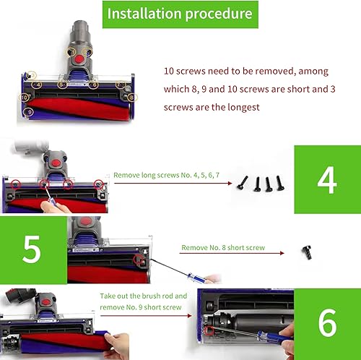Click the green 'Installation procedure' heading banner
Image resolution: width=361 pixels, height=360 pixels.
tap(180, 14)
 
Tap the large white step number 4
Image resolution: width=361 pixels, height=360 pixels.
tap(327, 180)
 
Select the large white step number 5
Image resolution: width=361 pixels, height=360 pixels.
tap(31, 249)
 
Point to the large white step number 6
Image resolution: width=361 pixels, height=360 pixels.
tap(327, 323)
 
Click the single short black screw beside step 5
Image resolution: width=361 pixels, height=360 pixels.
tap(307, 252)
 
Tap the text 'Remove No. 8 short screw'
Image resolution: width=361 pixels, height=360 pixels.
tap(223, 247)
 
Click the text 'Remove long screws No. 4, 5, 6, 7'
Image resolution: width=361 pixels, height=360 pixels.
tap(166, 175)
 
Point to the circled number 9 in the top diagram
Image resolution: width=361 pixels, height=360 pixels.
tap(30, 112)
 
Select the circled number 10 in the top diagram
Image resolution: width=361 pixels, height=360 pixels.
tap(25, 98)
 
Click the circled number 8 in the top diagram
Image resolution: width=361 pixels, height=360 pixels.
tap(132, 98)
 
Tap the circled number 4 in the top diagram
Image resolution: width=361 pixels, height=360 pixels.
tap(38, 85)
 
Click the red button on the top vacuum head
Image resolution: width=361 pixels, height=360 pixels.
tap(79, 59)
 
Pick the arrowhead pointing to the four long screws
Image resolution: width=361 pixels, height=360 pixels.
tap(230, 183)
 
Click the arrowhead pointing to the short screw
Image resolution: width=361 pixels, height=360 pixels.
tap(282, 253)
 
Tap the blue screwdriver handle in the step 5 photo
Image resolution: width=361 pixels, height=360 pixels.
tap(197, 278)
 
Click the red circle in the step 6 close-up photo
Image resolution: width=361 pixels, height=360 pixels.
tap(209, 330)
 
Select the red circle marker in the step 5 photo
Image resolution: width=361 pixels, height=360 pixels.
tap(138, 259)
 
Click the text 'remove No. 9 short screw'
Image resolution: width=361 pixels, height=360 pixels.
tap(141, 307)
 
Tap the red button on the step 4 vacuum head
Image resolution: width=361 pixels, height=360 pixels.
tap(56, 163)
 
